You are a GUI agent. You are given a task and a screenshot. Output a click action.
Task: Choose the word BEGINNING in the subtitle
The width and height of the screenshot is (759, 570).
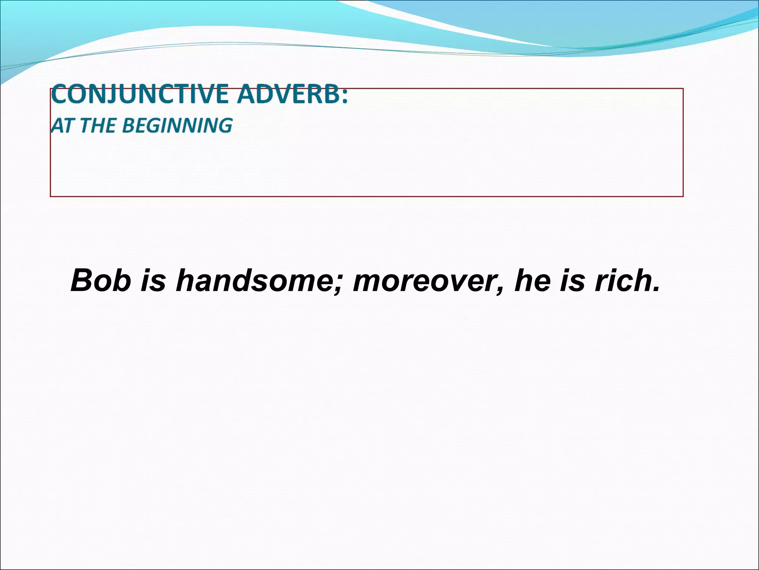(177, 125)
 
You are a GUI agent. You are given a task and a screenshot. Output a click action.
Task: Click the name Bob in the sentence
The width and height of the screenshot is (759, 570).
(100, 281)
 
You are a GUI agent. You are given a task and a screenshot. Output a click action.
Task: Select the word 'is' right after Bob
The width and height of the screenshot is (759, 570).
(153, 281)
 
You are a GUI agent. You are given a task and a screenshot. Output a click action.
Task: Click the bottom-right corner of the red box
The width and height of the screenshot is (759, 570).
(683, 196)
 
